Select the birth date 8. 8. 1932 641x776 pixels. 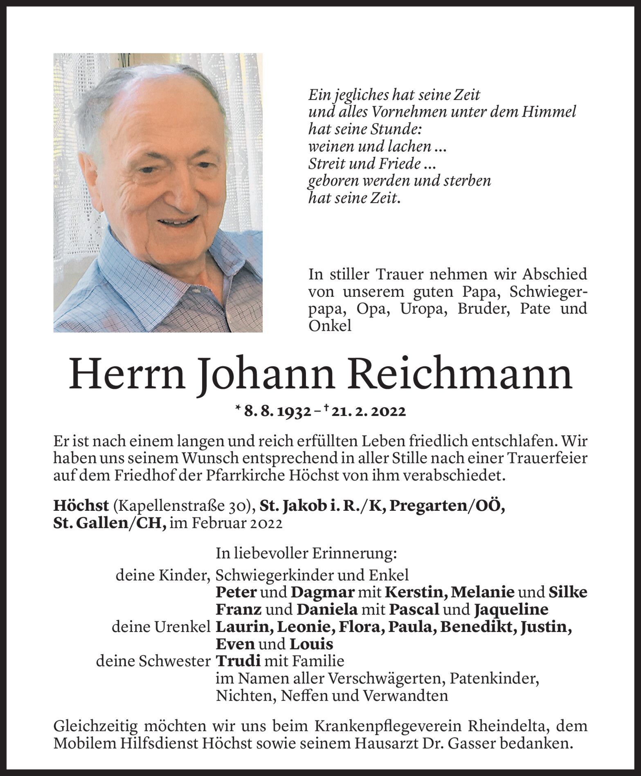coord(276,412)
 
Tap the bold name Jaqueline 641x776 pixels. coord(511,609)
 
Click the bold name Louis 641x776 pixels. coord(311,644)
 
